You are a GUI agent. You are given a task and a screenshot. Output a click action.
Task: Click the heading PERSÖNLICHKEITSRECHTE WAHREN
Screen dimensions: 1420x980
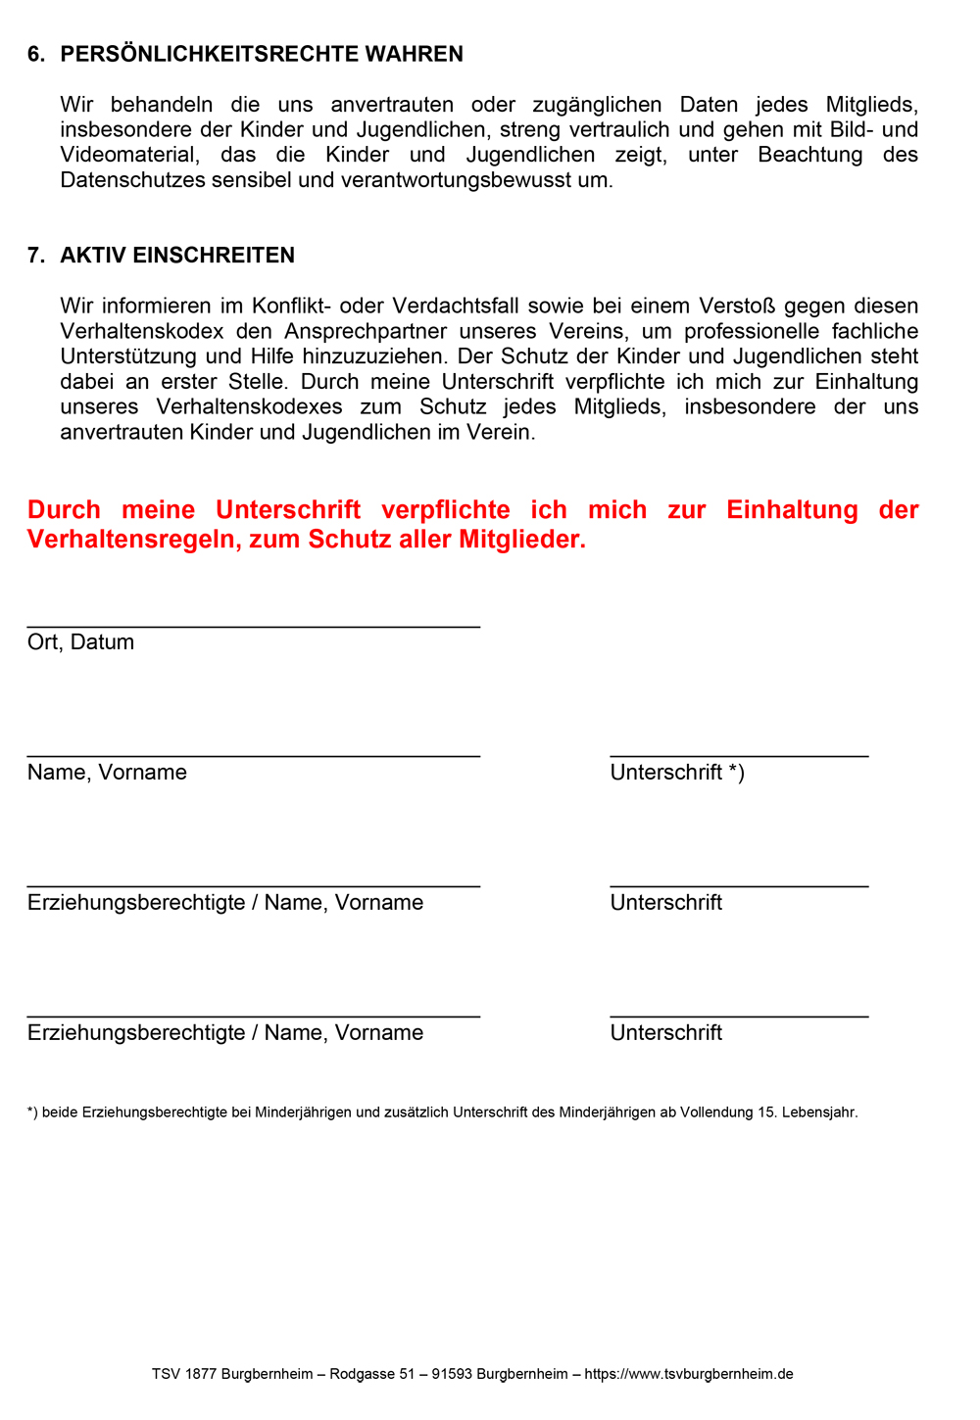pos(262,55)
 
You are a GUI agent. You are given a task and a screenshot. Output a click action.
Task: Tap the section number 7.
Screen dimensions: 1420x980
pos(36,256)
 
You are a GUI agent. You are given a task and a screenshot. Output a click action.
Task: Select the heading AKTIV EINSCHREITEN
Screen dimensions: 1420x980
pos(177,256)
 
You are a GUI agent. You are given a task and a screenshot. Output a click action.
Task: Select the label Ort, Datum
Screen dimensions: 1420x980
pos(80,642)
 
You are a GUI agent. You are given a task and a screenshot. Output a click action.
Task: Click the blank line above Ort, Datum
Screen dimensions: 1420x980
pos(253,626)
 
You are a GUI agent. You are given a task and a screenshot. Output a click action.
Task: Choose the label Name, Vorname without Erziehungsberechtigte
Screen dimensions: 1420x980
pos(107,773)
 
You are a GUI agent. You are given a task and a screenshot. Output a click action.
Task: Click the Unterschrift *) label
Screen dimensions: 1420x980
pos(677,773)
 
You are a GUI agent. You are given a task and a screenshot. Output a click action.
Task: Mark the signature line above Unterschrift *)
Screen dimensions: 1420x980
pos(739,756)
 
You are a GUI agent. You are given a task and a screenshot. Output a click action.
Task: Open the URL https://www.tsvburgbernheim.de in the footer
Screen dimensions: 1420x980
pos(689,1374)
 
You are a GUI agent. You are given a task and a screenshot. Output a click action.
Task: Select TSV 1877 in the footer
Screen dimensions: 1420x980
pos(184,1374)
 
